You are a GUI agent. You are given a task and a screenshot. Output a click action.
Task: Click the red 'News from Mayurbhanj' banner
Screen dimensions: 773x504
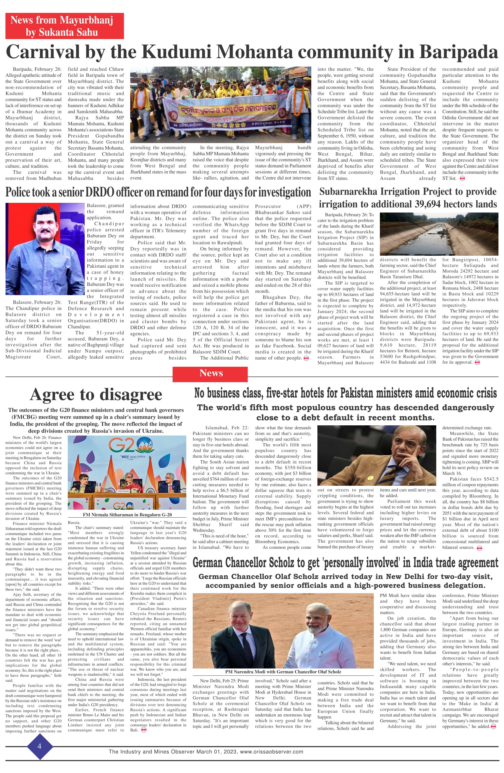(x=64, y=26)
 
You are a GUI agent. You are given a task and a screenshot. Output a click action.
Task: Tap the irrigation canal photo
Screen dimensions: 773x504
(x=439, y=234)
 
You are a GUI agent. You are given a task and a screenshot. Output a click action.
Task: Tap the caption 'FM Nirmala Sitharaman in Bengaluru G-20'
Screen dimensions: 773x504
(x=127, y=515)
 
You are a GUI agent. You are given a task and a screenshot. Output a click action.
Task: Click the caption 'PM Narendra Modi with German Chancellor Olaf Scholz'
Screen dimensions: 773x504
(x=283, y=672)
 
